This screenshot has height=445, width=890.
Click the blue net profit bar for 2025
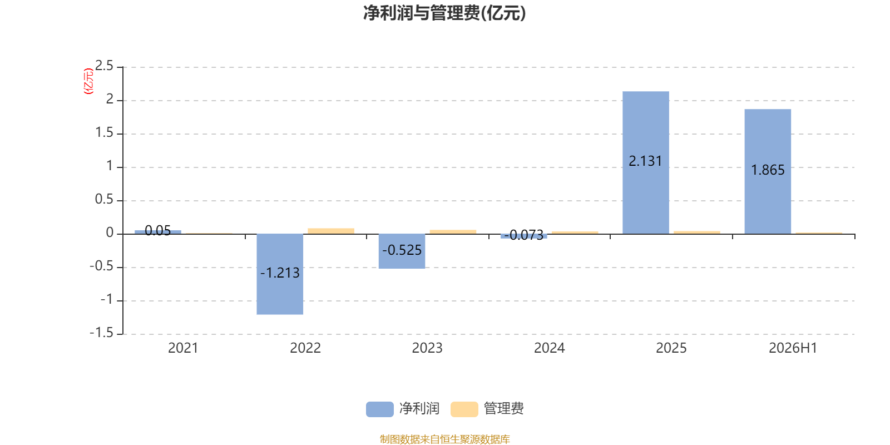(646, 162)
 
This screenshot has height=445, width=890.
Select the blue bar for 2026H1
(768, 171)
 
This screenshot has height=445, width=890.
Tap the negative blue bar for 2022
(280, 274)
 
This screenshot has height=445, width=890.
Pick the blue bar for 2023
(402, 251)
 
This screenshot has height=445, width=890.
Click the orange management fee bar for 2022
(331, 231)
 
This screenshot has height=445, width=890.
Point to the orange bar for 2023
(453, 231)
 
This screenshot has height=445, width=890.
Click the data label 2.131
(645, 161)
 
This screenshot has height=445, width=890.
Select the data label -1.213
(280, 273)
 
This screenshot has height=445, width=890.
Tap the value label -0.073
(523, 235)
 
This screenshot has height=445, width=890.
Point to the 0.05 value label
(158, 230)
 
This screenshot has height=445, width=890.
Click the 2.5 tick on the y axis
(104, 66)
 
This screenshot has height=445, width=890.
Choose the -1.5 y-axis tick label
(102, 333)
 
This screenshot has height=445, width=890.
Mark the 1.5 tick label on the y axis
(104, 132)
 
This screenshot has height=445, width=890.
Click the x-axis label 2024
(549, 348)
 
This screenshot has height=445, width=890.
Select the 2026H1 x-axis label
(793, 348)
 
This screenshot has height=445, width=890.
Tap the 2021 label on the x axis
(183, 348)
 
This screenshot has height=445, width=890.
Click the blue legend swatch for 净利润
(380, 409)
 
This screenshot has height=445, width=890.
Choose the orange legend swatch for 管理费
(464, 409)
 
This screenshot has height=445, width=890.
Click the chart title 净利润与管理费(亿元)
(444, 13)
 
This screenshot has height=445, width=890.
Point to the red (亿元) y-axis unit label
(88, 81)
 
